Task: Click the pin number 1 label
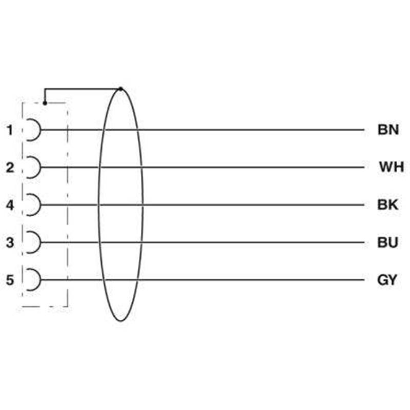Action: tap(10, 130)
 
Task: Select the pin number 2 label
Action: tap(10, 168)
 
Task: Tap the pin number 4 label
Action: tap(10, 205)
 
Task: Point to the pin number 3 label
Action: tap(10, 242)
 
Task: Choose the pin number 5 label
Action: tap(10, 280)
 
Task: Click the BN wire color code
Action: tap(388, 130)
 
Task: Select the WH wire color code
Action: tap(392, 167)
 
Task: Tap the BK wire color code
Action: tap(387, 204)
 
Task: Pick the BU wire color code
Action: tap(387, 242)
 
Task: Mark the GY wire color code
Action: tap(387, 280)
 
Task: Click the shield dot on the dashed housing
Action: tap(45, 104)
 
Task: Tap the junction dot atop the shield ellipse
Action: tap(120, 89)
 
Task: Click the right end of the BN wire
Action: tap(364, 130)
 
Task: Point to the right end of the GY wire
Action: tap(364, 280)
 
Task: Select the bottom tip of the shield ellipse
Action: tap(120, 321)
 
